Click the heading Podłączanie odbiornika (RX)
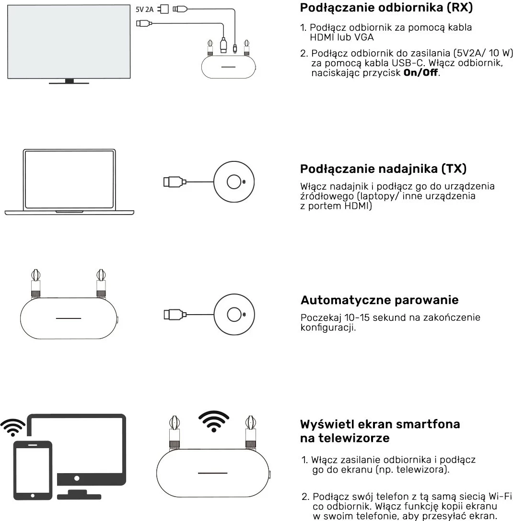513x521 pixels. [x=386, y=8]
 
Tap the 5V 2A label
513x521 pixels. [x=145, y=9]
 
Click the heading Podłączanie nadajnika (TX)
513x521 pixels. [x=383, y=169]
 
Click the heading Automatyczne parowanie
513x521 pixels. [x=379, y=300]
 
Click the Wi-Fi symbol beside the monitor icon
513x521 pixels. [x=13, y=426]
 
